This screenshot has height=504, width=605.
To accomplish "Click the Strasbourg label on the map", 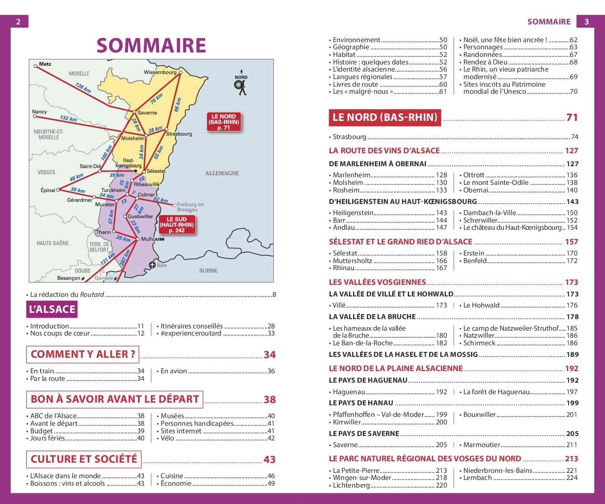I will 179,134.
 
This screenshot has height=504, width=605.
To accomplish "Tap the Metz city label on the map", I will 45,64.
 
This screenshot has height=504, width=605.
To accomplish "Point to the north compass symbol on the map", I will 241,85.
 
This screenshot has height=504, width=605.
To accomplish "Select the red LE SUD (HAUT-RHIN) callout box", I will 177,225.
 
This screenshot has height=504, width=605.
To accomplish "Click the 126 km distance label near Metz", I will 83,88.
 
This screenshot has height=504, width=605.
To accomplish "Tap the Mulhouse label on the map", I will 152,239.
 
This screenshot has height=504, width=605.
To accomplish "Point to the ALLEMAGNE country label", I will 222,173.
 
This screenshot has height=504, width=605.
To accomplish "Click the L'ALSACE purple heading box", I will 52,309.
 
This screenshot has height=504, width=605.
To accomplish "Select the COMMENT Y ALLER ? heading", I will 83,354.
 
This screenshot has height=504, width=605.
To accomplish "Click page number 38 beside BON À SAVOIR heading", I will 269,400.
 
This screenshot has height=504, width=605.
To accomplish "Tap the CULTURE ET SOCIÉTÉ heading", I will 84,459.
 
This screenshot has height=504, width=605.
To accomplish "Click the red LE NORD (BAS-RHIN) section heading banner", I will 385,117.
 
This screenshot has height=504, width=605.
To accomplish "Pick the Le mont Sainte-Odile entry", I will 496,183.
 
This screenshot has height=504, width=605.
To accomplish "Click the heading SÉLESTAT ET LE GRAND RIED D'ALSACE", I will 400,242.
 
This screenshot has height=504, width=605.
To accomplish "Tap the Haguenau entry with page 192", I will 349,392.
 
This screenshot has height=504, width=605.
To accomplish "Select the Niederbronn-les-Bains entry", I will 498,471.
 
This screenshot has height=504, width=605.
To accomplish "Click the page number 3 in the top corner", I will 586,22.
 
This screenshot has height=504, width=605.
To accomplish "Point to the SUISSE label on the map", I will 208,271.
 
